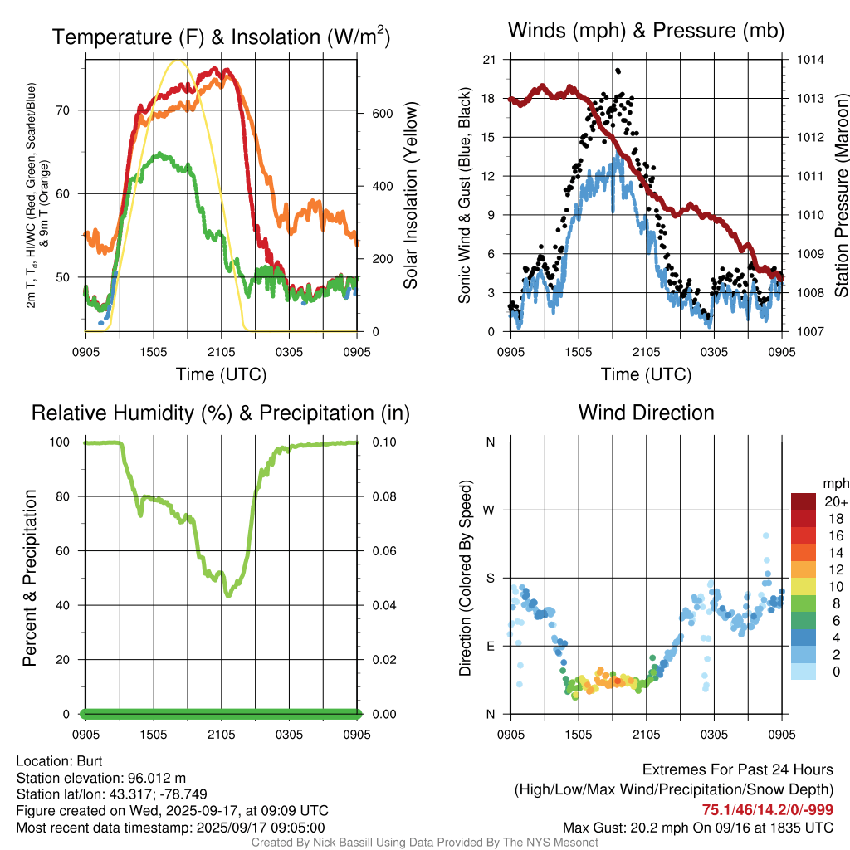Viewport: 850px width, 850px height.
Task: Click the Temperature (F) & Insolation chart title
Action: tap(221, 37)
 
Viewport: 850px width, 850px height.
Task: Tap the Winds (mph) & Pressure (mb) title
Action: tap(646, 31)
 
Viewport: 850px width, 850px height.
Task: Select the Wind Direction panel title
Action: tap(646, 413)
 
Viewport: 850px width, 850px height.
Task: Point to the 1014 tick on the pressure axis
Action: tap(810, 60)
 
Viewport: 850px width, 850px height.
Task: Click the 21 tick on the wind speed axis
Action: tap(489, 60)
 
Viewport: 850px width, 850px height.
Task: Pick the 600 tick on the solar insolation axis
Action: tap(382, 114)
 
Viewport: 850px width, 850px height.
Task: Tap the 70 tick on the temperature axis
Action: tap(63, 110)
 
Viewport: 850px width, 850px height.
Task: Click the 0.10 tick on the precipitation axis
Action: tap(384, 442)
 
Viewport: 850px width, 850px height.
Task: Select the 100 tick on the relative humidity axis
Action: tap(60, 442)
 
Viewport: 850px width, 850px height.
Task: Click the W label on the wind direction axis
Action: tap(489, 510)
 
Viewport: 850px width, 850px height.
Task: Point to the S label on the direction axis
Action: tap(490, 578)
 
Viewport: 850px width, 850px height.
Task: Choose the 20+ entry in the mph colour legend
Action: tap(836, 502)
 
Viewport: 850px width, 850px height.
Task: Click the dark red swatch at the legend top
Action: tap(804, 502)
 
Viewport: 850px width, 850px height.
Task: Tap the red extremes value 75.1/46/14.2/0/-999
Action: tap(768, 810)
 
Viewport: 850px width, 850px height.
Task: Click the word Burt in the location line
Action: tap(90, 761)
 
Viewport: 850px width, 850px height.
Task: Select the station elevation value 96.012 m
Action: tap(157, 778)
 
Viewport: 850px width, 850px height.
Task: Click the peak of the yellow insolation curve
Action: tap(177, 61)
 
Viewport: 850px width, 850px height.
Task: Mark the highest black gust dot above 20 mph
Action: tap(618, 71)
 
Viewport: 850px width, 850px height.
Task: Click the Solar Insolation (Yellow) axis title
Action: tap(410, 195)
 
